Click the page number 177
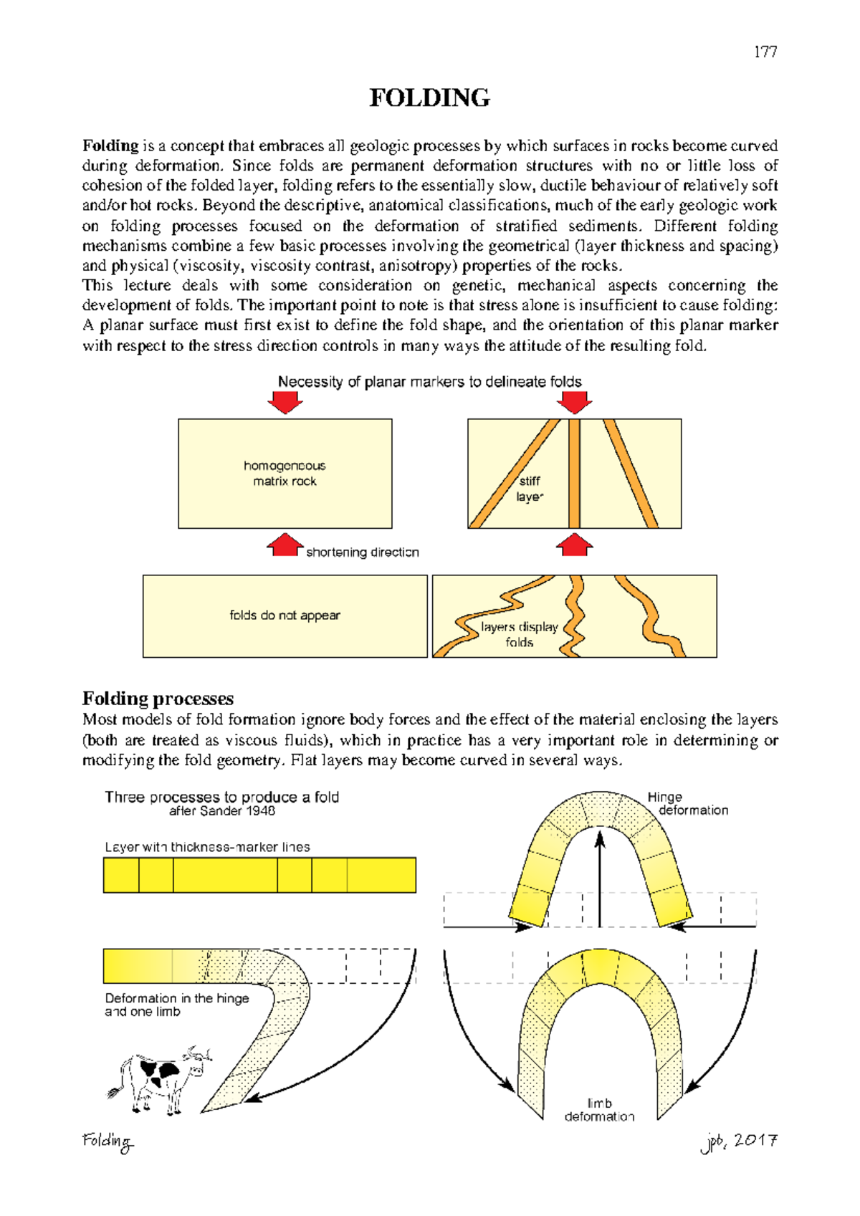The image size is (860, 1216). [x=765, y=52]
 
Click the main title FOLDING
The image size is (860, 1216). [x=429, y=98]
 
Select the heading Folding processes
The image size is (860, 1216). [x=158, y=699]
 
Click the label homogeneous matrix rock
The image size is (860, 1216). [x=285, y=474]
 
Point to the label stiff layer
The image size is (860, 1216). [x=530, y=489]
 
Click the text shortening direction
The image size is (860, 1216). [x=362, y=552]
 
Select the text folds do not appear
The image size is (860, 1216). [x=285, y=616]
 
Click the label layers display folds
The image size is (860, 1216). [x=519, y=634]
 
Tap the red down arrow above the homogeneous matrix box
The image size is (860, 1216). [x=285, y=403]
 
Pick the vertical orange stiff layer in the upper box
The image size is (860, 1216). [x=574, y=474]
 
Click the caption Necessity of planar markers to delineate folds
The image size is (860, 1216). [x=429, y=382]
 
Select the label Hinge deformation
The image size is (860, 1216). [x=687, y=803]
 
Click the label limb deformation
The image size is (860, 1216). [x=599, y=1110]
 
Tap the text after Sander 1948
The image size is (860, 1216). [x=222, y=811]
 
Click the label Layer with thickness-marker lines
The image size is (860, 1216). [x=207, y=847]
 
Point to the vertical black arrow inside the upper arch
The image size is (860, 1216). [x=600, y=878]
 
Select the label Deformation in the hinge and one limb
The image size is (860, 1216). [x=176, y=1005]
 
